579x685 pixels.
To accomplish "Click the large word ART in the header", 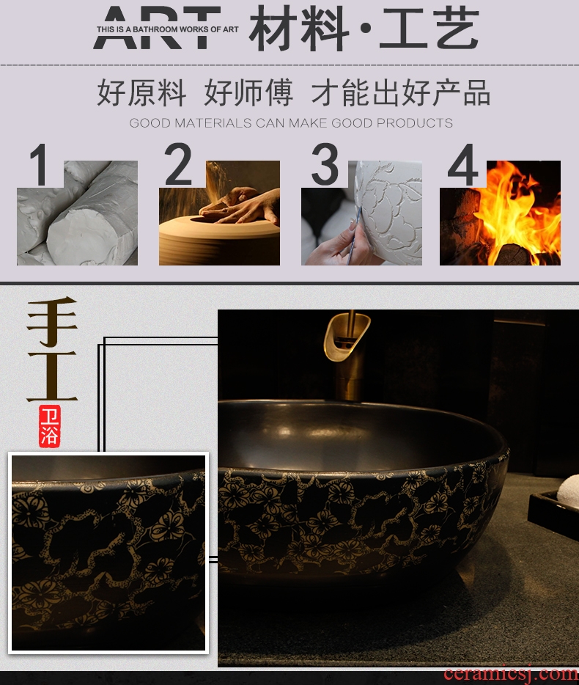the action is point(157,28).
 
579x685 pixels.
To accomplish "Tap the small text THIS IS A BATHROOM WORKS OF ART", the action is point(168,29).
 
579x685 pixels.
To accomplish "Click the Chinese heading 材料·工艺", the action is point(364,29).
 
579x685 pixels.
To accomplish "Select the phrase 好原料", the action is point(141,92).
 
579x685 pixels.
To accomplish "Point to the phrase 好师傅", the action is point(248,92).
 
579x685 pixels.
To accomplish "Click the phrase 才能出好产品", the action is point(401,92).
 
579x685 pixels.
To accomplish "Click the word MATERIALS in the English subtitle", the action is point(213,122).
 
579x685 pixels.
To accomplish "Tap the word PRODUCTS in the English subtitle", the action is point(414,122).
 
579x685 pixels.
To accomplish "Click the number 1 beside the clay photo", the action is point(40,165).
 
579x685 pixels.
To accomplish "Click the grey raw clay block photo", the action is point(77,213).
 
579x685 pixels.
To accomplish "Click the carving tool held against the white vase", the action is point(355,236).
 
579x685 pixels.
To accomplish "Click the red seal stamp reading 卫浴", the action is point(49,426).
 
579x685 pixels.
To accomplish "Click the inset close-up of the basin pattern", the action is point(108,553).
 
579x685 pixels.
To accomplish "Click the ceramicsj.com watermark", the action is point(511,674).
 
